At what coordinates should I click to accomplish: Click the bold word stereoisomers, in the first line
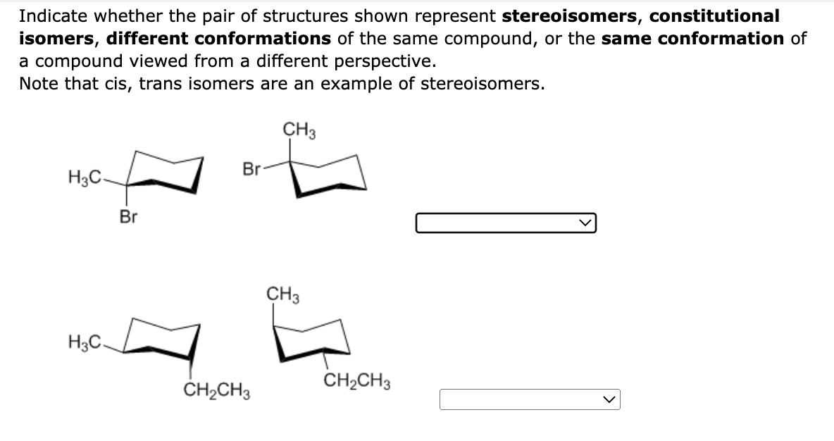click(569, 15)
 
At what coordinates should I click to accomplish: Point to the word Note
click(38, 83)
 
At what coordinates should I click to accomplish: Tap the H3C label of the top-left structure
click(84, 176)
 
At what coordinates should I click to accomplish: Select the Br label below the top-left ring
click(127, 217)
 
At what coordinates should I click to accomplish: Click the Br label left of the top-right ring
click(251, 169)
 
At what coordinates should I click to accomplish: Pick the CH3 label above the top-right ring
click(299, 130)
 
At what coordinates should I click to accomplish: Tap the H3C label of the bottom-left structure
click(84, 343)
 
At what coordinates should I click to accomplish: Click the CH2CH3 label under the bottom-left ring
click(218, 390)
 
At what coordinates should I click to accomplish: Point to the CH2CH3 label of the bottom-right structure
click(358, 383)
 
